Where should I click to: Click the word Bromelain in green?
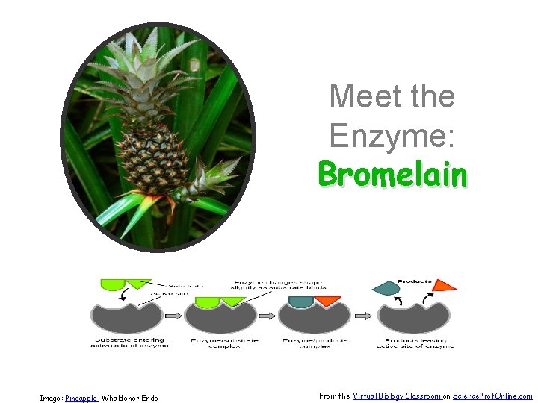[x=392, y=175]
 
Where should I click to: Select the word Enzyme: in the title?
[x=392, y=136]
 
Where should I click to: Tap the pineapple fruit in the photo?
[x=155, y=157]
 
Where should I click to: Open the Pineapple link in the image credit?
[x=81, y=398]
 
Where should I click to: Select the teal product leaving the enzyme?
[x=386, y=287]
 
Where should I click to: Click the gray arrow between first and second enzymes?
[x=173, y=316]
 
